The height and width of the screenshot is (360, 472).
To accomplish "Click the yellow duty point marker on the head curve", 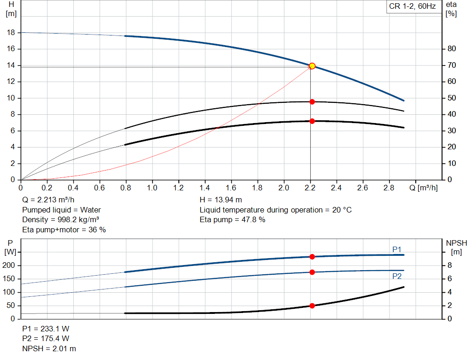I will [x=312, y=66].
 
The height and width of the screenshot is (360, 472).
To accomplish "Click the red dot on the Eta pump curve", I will [x=312, y=101].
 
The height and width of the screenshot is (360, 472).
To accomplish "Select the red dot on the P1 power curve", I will [x=312, y=257].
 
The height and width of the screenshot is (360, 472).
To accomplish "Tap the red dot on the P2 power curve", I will [x=312, y=272].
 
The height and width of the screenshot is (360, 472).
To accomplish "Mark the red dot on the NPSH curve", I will [x=312, y=306].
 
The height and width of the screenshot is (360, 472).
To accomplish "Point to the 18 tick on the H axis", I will [x=11, y=33].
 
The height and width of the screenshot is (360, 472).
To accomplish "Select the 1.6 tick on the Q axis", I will [x=231, y=188].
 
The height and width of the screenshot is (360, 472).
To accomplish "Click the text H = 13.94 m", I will [x=220, y=200].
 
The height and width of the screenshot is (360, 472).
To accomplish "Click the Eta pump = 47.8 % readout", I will [x=232, y=219].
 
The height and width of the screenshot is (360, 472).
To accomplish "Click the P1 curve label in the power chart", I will [x=397, y=249].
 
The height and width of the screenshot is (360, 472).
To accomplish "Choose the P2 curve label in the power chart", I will [x=397, y=277].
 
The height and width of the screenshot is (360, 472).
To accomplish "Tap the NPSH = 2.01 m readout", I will [x=49, y=348].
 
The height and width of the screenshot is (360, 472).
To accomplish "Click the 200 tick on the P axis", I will [x=10, y=266].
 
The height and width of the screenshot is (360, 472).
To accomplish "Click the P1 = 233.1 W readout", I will [x=46, y=329].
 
